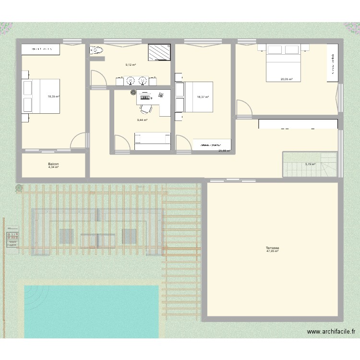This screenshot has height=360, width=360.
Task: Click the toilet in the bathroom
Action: point(97,50)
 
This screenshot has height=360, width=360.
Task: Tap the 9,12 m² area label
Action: point(131,65)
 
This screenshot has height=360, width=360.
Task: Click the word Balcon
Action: point(53,164)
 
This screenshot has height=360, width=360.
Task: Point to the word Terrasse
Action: point(273,248)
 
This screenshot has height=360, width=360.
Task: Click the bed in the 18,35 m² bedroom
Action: point(41,96)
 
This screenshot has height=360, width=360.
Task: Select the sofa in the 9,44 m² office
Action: point(153,139)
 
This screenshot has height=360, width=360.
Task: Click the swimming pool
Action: point(91,311)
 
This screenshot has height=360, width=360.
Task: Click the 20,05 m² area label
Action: point(287,80)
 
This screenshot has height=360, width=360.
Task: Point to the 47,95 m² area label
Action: point(273,252)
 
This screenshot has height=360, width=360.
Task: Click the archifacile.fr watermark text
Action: point(331,332)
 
